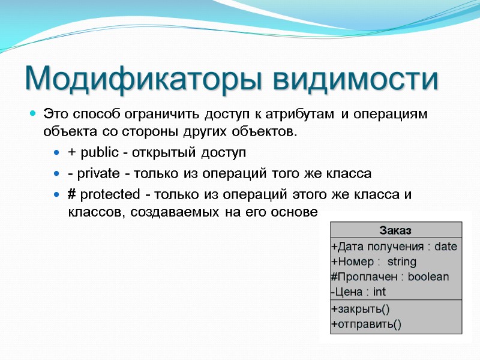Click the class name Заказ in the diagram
tap(396, 230)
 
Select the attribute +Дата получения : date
tap(394, 247)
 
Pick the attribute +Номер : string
tap(373, 262)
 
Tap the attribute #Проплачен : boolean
tap(389, 277)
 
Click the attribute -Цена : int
tap(358, 292)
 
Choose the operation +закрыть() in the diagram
tap(360, 310)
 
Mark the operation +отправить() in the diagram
tap(366, 325)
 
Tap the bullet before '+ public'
tap(56, 153)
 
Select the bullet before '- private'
tap(56, 174)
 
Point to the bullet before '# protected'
tap(56, 195)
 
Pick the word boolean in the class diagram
tap(428, 277)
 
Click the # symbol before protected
tap(71, 195)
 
